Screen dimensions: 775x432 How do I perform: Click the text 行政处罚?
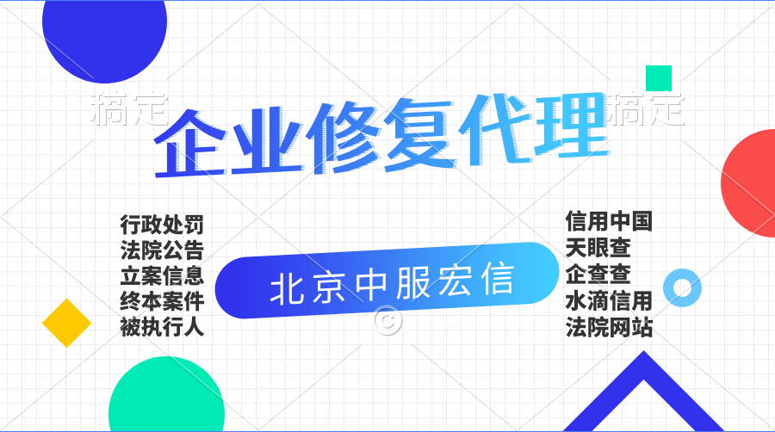(x=162, y=225)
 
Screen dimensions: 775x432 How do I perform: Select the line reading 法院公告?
(x=162, y=250)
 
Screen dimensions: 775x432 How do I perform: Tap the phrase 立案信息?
(x=162, y=275)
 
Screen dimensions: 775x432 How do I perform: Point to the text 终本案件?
(x=162, y=301)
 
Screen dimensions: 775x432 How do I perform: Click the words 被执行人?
(x=162, y=327)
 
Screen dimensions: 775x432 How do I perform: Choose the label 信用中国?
(x=609, y=220)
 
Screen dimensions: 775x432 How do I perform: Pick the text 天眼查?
(x=598, y=247)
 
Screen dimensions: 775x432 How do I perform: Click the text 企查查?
(x=598, y=274)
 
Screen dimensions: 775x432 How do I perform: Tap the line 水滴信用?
(x=609, y=300)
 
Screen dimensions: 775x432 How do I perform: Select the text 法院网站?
(x=609, y=327)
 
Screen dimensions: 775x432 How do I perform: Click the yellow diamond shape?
(x=66, y=323)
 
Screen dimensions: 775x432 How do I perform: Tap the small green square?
(x=659, y=78)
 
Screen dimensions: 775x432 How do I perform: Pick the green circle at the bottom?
(x=166, y=398)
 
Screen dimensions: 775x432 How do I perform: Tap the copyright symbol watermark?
(x=388, y=320)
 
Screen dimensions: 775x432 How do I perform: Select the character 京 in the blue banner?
(x=329, y=286)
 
